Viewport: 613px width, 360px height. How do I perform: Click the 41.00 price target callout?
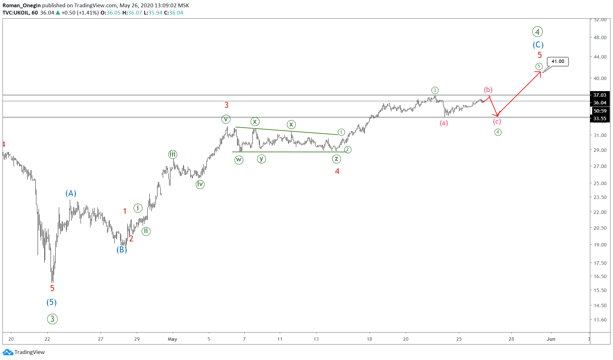[x=558, y=61]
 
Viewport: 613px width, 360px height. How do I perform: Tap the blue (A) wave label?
[x=71, y=193]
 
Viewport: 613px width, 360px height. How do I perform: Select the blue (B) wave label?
[x=122, y=250]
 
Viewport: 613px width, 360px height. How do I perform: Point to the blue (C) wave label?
[x=538, y=45]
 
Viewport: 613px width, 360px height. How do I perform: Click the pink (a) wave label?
[x=444, y=123]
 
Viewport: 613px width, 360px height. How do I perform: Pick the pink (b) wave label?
[x=488, y=90]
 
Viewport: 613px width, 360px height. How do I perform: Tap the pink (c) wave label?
[x=497, y=121]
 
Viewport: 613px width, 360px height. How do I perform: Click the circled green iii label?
[x=172, y=154]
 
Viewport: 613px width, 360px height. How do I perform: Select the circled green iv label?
[x=200, y=184]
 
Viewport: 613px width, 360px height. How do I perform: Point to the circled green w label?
[x=239, y=160]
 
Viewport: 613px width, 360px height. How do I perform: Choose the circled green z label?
[x=336, y=159]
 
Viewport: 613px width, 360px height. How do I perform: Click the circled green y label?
[x=261, y=158]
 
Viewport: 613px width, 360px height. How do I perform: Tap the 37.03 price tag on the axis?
[x=599, y=95]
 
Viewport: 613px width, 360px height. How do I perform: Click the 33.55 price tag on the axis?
[x=599, y=119]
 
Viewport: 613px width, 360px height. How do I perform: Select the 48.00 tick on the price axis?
[x=600, y=37]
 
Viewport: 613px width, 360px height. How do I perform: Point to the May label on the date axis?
[x=172, y=339]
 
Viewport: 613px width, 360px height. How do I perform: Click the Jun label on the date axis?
[x=551, y=339]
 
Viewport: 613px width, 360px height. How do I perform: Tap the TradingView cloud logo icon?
[x=8, y=352]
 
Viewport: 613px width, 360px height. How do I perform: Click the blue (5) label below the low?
[x=52, y=302]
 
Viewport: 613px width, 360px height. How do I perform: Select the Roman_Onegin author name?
[x=21, y=5]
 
